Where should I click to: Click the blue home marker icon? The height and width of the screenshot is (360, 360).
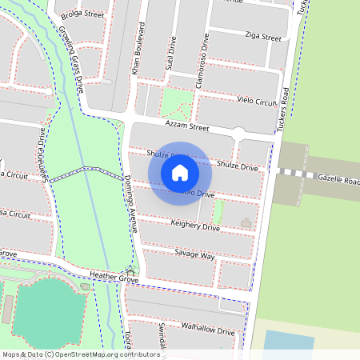[180, 172]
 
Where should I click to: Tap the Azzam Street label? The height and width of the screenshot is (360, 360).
[186, 126]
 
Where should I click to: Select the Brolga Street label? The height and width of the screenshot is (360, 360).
[82, 14]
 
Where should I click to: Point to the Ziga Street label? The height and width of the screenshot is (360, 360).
[264, 37]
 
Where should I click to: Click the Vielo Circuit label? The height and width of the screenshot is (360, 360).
[257, 102]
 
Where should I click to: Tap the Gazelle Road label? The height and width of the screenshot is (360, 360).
[338, 179]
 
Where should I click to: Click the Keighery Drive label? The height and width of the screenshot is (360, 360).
[195, 227]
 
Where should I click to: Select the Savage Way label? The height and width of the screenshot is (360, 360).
[194, 255]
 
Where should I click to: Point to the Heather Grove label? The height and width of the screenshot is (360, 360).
[114, 276]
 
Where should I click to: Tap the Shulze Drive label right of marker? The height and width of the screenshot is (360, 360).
[238, 166]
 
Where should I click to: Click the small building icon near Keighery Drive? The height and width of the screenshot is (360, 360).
[246, 221]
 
